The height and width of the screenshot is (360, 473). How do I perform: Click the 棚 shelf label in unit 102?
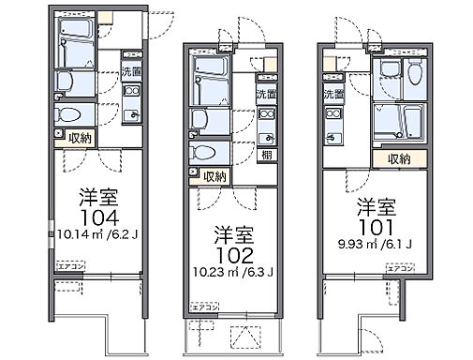pos(266,156)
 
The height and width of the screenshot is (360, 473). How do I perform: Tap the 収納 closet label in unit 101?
pos(398,159)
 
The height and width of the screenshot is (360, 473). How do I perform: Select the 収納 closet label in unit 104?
pos(79,138)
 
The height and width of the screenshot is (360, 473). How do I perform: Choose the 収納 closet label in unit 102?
pos(214,176)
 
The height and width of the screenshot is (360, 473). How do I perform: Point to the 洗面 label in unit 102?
pos(266,94)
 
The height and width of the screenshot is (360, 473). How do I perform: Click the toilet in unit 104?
pos(66,114)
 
